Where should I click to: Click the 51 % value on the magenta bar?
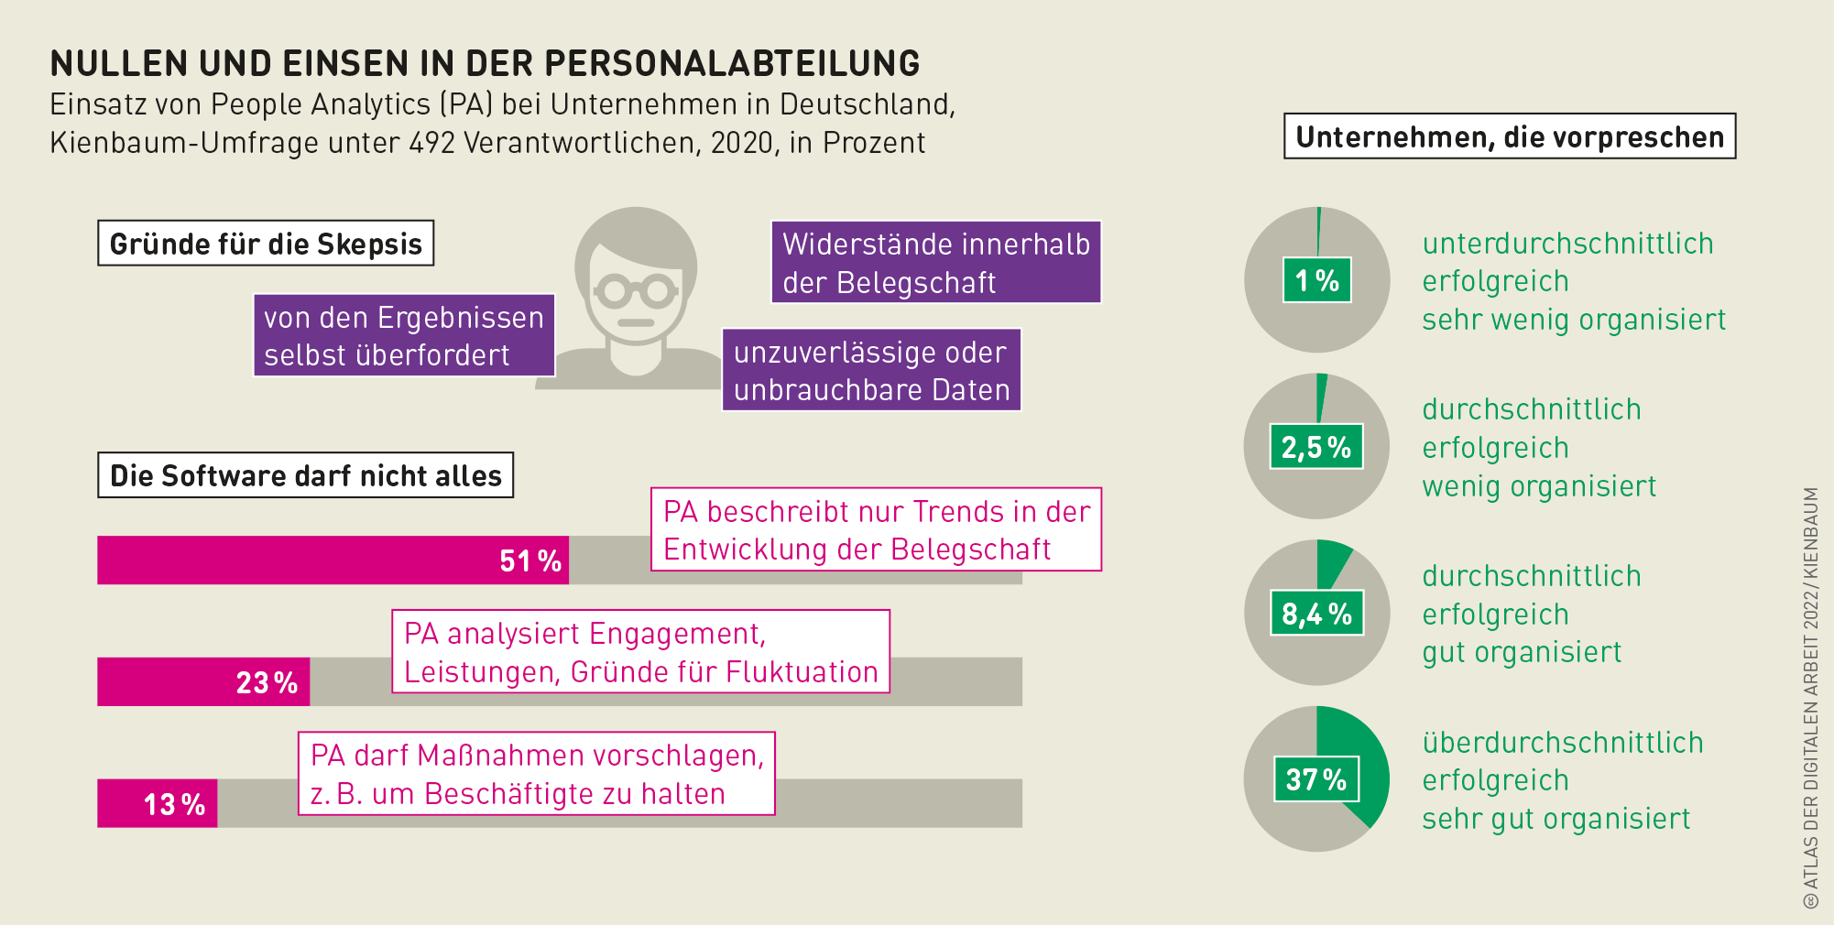529,560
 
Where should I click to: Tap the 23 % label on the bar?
267,682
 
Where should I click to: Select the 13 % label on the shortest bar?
174,804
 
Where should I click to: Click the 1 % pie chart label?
1316,280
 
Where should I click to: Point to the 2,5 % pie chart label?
1316,447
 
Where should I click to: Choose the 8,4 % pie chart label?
1316,614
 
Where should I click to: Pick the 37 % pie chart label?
1316,779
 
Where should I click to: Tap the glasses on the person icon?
636,292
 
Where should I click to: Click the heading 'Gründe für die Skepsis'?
266,244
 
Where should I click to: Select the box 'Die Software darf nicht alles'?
305,475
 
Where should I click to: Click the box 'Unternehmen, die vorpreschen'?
1510,136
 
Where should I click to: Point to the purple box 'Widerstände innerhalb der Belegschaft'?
935,263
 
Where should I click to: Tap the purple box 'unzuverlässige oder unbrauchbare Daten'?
871,370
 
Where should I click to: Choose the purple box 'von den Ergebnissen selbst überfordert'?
404,335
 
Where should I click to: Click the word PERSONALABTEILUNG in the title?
732,63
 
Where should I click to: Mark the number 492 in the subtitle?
432,143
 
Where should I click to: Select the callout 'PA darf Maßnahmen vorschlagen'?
537,774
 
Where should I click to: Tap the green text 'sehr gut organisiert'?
1556,819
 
